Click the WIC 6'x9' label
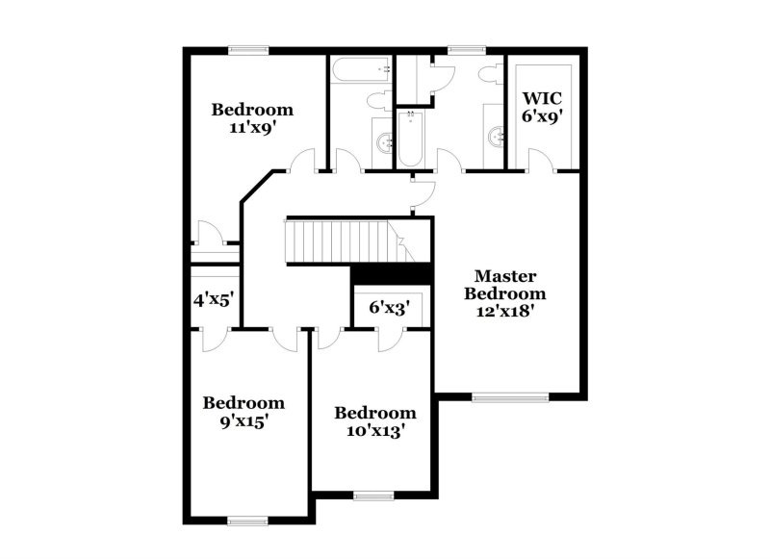pyautogui.click(x=542, y=106)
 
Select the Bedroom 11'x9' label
pyautogui.click(x=252, y=117)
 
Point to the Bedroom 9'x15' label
pyautogui.click(x=243, y=411)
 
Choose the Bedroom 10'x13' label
pyautogui.click(x=375, y=421)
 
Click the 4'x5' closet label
pyautogui.click(x=214, y=299)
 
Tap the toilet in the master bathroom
pyautogui.click(x=487, y=76)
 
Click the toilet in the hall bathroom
pyautogui.click(x=377, y=102)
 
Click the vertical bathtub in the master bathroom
pyautogui.click(x=412, y=138)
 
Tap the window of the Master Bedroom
pyautogui.click(x=510, y=394)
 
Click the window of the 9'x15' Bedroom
pyautogui.click(x=247, y=521)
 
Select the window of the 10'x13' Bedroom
pyautogui.click(x=369, y=495)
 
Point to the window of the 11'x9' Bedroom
pyautogui.click(x=254, y=50)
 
